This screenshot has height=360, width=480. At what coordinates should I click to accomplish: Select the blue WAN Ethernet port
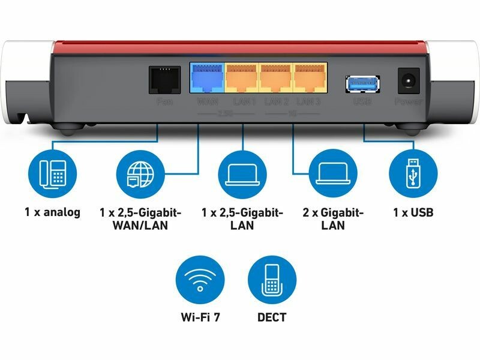tap(208, 79)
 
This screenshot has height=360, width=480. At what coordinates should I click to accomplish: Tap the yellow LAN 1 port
tap(242, 79)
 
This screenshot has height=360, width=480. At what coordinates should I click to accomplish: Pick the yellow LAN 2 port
tap(276, 79)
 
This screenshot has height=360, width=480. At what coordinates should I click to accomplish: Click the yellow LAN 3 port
tap(310, 79)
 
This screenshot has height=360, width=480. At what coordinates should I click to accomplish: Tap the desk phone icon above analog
tap(52, 172)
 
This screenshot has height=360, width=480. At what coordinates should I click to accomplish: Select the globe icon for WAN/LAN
tap(139, 172)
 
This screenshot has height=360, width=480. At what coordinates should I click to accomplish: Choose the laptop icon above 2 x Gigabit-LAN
tap(332, 172)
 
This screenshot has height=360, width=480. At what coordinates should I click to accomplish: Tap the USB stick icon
tap(413, 172)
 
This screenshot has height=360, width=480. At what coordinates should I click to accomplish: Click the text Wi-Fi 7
tap(200, 317)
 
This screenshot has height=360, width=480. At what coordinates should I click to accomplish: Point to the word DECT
tap(272, 317)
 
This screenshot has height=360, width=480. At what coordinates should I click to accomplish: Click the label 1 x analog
tap(52, 212)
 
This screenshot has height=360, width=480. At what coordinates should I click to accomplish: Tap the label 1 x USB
tap(413, 212)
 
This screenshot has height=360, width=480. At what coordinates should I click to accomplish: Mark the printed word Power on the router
tap(409, 102)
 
